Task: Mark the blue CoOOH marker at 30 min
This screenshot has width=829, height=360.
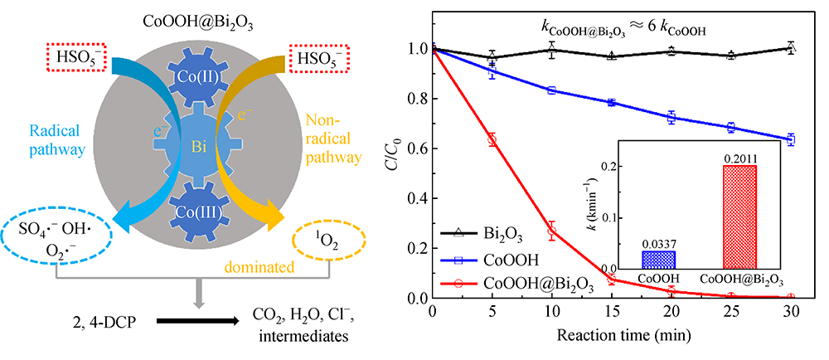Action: [x=791, y=139]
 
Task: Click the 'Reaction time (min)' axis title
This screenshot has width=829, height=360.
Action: [x=610, y=335]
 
